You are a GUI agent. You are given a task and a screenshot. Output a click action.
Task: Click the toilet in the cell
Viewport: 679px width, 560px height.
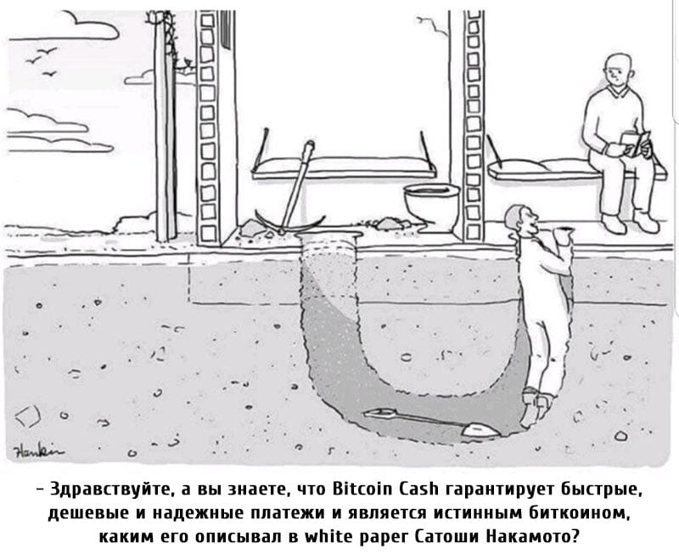point(432,204)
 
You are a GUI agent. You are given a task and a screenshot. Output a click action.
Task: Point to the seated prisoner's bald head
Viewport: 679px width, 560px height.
point(617,71)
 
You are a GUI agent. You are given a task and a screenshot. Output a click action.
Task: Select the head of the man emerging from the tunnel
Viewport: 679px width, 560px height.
point(522,221)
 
